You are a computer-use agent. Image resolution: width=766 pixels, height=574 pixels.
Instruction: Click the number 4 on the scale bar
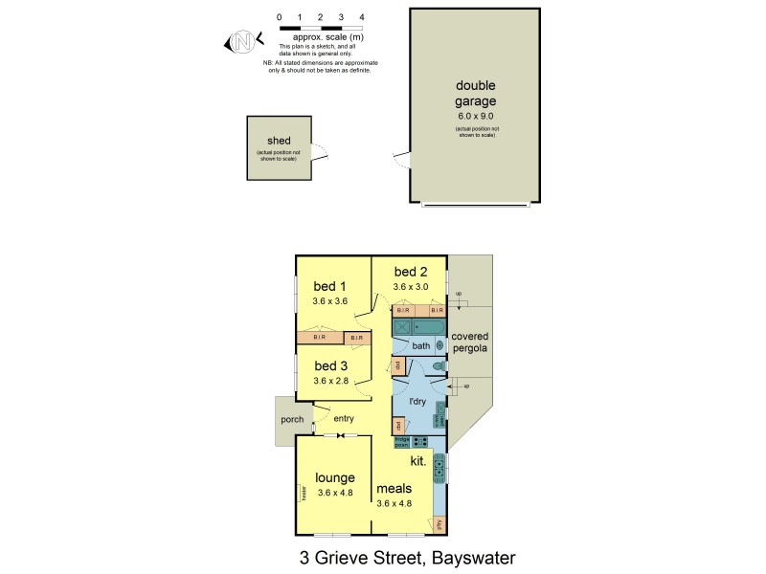(361, 17)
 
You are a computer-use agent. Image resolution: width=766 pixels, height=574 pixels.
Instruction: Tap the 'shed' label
(279, 141)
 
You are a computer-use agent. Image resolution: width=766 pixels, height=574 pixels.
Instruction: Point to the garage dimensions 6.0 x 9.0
(476, 115)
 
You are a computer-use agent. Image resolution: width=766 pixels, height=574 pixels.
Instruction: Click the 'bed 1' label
(329, 285)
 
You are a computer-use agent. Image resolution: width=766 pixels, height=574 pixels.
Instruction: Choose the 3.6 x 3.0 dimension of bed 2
(409, 285)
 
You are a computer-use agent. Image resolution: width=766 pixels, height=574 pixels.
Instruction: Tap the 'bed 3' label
(329, 365)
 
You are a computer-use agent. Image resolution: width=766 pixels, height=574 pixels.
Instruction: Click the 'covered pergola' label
(470, 342)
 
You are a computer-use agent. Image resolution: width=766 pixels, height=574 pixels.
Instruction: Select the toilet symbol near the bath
(438, 366)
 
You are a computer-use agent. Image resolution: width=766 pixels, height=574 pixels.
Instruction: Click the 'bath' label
(419, 345)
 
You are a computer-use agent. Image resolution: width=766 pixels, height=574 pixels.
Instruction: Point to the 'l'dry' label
(417, 402)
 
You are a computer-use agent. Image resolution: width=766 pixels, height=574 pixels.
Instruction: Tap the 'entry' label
(344, 419)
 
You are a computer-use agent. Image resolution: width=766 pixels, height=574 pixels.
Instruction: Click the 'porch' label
(292, 420)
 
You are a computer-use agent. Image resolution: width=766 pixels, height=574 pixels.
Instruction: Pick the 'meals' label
(394, 488)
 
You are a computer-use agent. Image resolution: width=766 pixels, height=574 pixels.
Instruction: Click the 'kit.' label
(417, 460)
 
